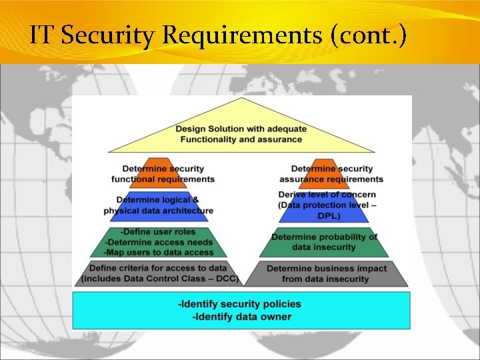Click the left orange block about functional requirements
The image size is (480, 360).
click(163, 174)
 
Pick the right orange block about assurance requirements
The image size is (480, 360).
click(331, 174)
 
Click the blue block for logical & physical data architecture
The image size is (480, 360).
click(159, 205)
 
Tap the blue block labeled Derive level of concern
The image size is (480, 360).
click(327, 205)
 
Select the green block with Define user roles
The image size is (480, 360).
click(159, 242)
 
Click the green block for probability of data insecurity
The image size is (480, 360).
click(324, 242)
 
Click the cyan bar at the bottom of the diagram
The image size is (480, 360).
click(241, 311)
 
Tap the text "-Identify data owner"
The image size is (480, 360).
click(241, 317)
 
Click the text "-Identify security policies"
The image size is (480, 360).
click(239, 304)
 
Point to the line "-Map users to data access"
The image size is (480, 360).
click(159, 252)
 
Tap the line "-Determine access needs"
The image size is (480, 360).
click(159, 242)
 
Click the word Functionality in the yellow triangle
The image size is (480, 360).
click(211, 139)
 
